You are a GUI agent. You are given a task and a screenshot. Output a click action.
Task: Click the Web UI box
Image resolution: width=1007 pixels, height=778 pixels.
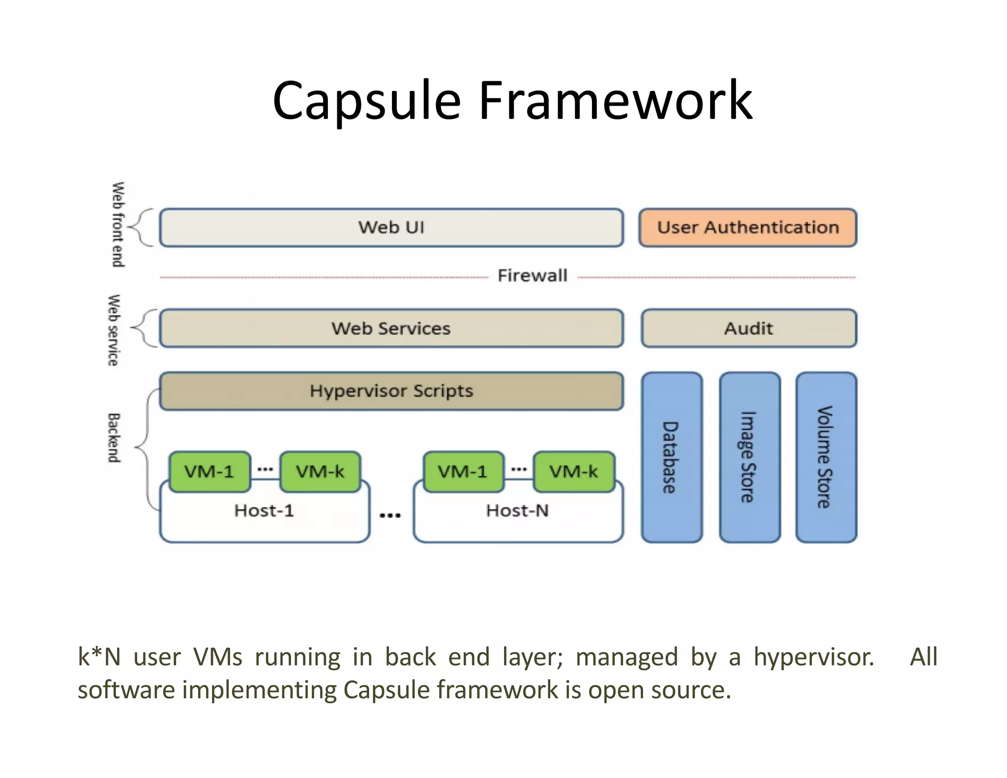[x=391, y=227]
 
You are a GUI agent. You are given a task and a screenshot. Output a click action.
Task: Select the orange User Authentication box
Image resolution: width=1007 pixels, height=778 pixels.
[x=747, y=227]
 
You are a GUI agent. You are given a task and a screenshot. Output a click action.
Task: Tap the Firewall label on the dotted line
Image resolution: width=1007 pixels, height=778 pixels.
[x=533, y=275]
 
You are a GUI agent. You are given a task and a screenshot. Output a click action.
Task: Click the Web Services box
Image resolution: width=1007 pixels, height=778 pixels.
[x=391, y=328]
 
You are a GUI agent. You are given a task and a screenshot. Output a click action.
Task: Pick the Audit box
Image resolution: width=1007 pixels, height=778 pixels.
[x=748, y=328]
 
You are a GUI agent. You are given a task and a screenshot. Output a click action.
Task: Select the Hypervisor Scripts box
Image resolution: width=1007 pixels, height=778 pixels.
[x=391, y=391]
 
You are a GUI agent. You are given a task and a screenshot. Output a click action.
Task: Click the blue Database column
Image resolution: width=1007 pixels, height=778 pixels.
[x=672, y=457]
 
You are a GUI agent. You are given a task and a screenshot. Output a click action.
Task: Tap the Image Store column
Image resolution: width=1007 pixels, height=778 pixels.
[x=749, y=457]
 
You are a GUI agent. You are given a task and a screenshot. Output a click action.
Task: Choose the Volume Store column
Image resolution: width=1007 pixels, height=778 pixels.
[x=826, y=457]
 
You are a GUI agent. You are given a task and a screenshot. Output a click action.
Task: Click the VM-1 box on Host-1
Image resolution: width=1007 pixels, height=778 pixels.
[x=209, y=472]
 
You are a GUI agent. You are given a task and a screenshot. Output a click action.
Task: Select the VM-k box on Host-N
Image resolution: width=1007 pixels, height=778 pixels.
[x=574, y=472]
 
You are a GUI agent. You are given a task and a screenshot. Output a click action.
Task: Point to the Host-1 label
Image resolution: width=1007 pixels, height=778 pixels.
[x=264, y=510]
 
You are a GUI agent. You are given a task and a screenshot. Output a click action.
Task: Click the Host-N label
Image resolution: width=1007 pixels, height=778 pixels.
[x=517, y=510]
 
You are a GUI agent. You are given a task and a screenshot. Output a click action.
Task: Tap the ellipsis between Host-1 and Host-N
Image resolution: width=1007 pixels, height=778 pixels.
[x=390, y=515]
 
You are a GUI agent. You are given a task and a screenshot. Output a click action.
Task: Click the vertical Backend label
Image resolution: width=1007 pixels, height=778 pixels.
[x=114, y=438]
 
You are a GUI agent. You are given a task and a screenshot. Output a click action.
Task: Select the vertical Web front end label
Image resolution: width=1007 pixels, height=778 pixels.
[x=118, y=225]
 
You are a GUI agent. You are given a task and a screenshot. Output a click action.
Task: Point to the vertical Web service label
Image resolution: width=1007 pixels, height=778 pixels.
[x=114, y=330]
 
